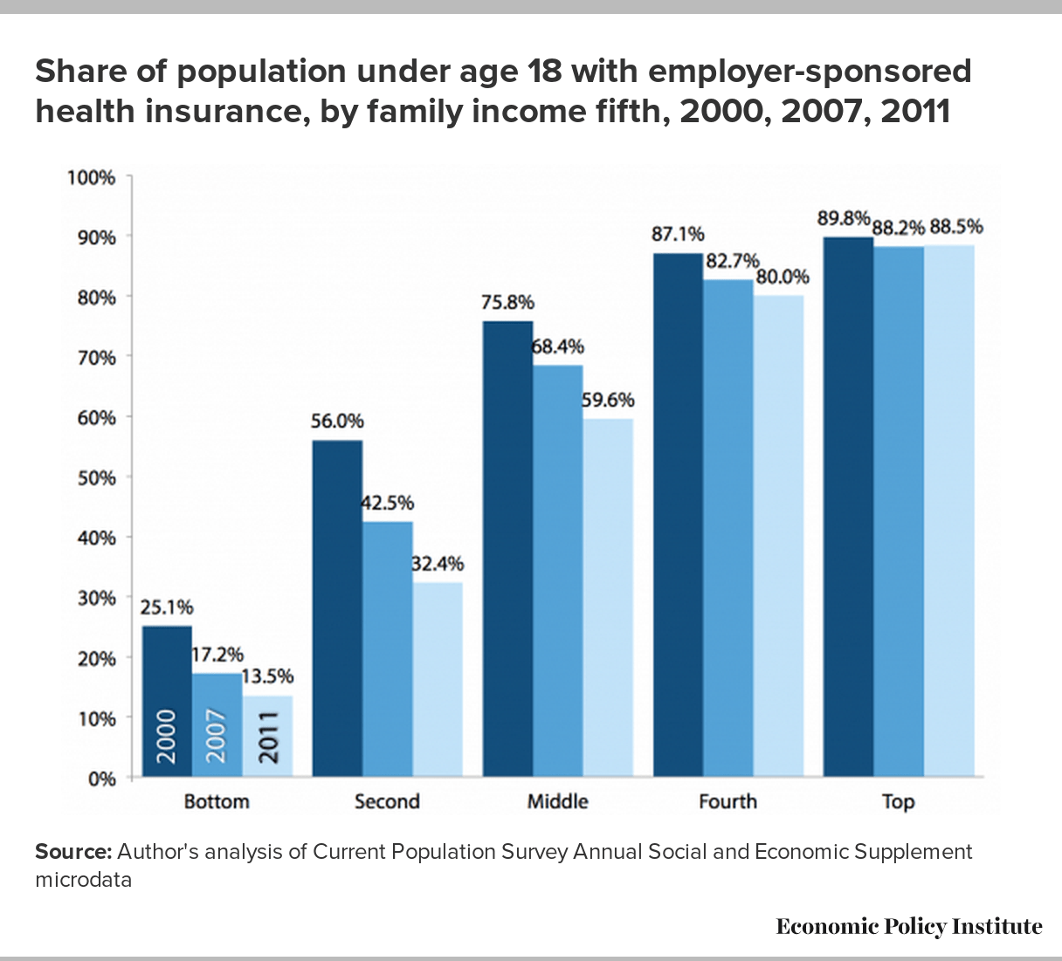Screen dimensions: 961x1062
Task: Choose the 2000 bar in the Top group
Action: [848, 506]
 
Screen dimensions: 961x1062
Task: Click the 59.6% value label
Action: [609, 401]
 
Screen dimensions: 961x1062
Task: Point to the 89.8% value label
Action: [844, 219]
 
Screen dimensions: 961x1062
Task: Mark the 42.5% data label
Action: [388, 504]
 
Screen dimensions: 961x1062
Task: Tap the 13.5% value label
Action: [268, 676]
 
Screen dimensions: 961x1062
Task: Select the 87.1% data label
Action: [678, 234]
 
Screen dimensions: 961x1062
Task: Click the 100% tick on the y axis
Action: [92, 177]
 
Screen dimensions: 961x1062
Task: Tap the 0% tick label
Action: [101, 778]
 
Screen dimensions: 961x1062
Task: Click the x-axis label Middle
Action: [557, 801]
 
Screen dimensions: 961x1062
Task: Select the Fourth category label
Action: [728, 801]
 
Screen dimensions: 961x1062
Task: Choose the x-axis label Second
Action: [387, 801]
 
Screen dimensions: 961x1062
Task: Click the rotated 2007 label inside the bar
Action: [217, 736]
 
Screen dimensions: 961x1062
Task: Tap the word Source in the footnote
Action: [73, 852]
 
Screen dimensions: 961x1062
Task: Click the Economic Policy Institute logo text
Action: [908, 926]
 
